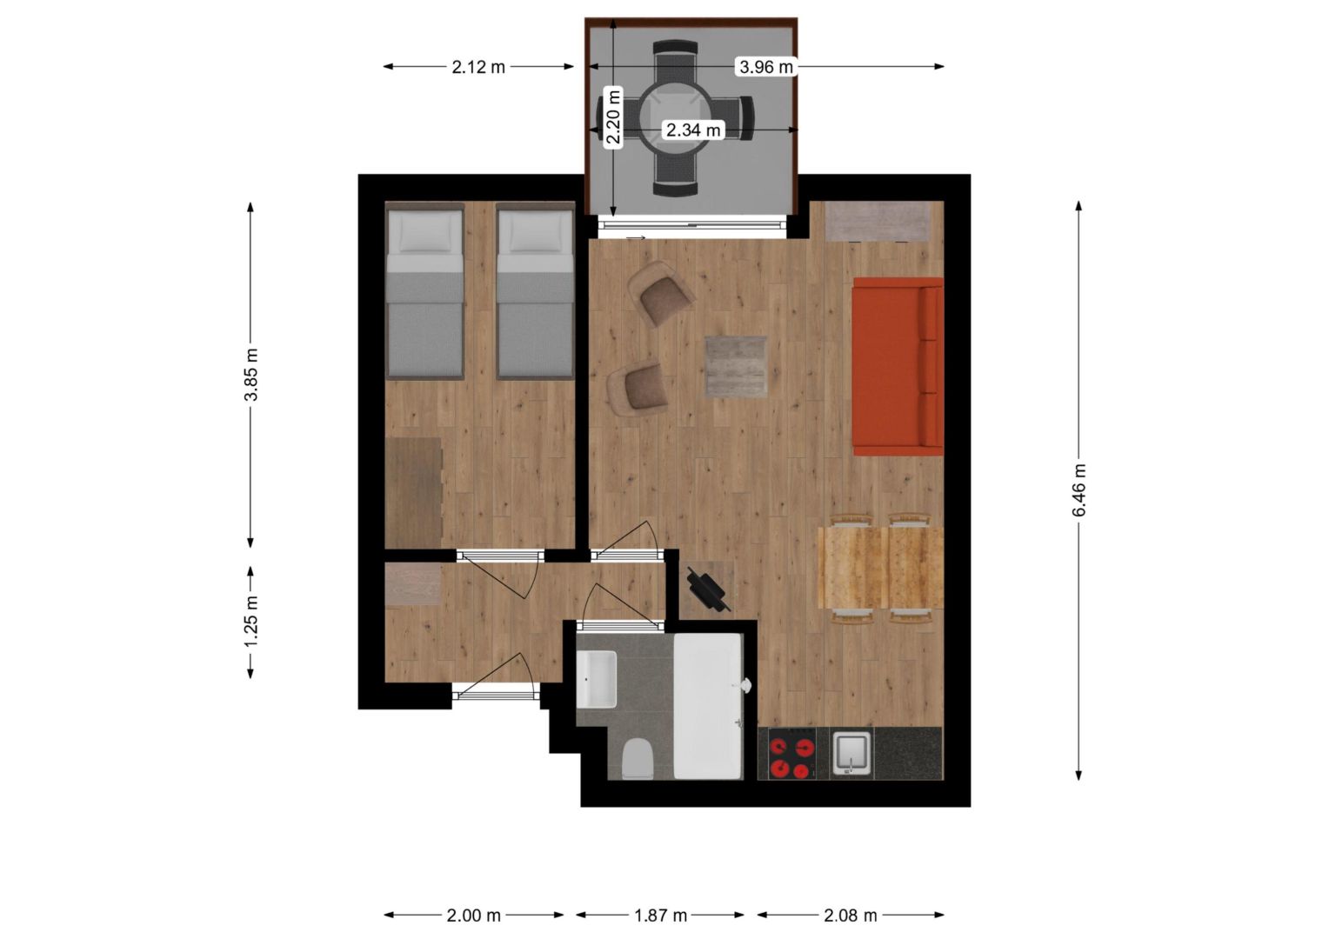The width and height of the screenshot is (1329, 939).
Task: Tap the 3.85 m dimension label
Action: (251, 375)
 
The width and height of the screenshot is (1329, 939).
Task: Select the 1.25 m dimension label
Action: (251, 621)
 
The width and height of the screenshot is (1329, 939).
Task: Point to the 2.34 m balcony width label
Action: (693, 130)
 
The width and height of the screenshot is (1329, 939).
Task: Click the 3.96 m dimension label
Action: (766, 66)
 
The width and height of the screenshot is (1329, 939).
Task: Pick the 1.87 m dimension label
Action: (660, 916)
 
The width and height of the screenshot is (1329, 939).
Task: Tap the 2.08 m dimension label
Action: (851, 916)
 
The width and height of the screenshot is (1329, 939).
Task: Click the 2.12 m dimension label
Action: (478, 67)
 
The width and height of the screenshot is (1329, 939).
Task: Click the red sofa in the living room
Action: (897, 366)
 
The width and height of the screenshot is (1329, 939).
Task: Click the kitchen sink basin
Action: (852, 753)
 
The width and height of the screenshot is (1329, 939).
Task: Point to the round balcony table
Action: (675, 117)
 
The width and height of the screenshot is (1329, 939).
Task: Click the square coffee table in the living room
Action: (737, 366)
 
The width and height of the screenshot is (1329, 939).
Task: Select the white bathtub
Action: (708, 706)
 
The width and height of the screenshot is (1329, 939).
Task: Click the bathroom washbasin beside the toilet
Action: (597, 679)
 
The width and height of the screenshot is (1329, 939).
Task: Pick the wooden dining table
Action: (880, 568)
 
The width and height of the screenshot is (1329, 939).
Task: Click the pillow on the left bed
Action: (424, 232)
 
